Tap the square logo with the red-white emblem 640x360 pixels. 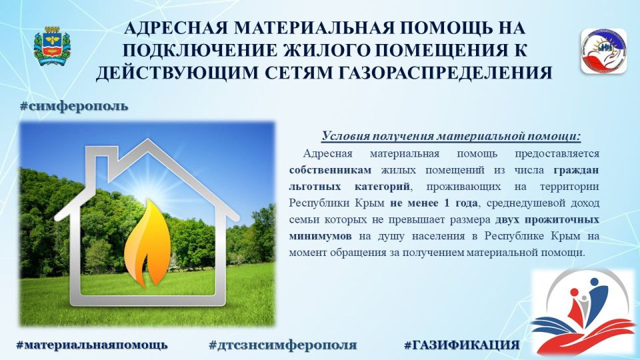(x=603, y=51)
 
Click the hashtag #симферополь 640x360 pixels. (x=73, y=106)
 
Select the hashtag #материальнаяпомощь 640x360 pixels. (x=92, y=345)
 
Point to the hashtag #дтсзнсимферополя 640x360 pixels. (x=283, y=345)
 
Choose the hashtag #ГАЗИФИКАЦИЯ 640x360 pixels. (x=461, y=345)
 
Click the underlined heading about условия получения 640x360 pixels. (x=451, y=137)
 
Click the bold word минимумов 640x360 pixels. (x=321, y=236)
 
